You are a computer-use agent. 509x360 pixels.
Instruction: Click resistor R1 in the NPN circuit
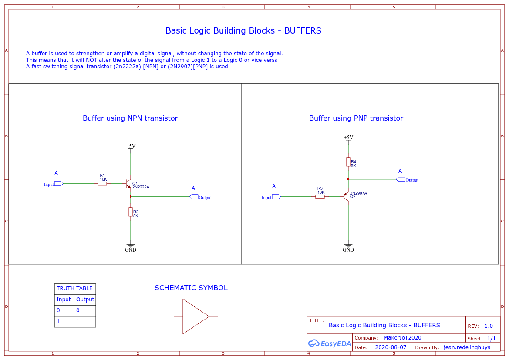tap(102, 184)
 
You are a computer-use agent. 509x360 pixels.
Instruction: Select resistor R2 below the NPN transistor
tap(131, 212)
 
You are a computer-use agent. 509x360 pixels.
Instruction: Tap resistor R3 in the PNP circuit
tap(320, 197)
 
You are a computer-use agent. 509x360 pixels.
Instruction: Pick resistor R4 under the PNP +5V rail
tap(348, 162)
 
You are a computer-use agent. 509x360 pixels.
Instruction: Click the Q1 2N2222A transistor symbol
tap(128, 184)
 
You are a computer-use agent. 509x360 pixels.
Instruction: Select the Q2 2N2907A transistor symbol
tap(346, 197)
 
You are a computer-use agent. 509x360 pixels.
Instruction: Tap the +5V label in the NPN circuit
tap(131, 146)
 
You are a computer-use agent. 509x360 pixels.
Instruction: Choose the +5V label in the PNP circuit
tap(349, 137)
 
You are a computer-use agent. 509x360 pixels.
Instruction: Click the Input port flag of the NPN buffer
tap(59, 184)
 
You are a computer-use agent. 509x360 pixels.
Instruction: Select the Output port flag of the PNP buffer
tap(401, 179)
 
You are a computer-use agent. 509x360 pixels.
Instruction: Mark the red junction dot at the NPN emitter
tap(131, 197)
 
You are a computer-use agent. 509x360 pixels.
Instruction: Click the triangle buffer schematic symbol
tap(196, 316)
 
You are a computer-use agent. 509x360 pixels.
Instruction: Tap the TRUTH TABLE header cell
tap(74, 289)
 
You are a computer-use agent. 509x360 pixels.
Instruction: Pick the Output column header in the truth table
tap(85, 299)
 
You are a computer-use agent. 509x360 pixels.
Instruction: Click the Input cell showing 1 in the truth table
tap(64, 321)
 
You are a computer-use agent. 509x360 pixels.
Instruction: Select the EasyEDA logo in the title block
tap(330, 343)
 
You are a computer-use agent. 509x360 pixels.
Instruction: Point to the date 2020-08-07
tap(391, 347)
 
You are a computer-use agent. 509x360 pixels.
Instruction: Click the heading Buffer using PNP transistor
tap(356, 118)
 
